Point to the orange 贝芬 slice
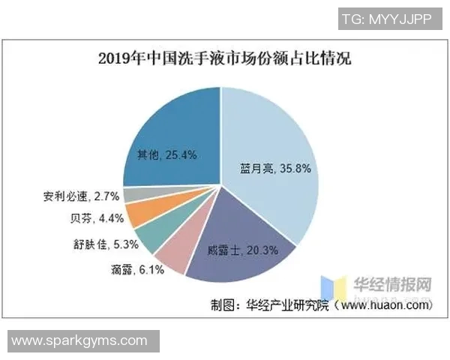[x=136, y=214]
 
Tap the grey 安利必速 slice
[x=132, y=196]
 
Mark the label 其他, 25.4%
[x=166, y=155]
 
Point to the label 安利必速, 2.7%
[x=78, y=197]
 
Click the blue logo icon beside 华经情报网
[x=329, y=287]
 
